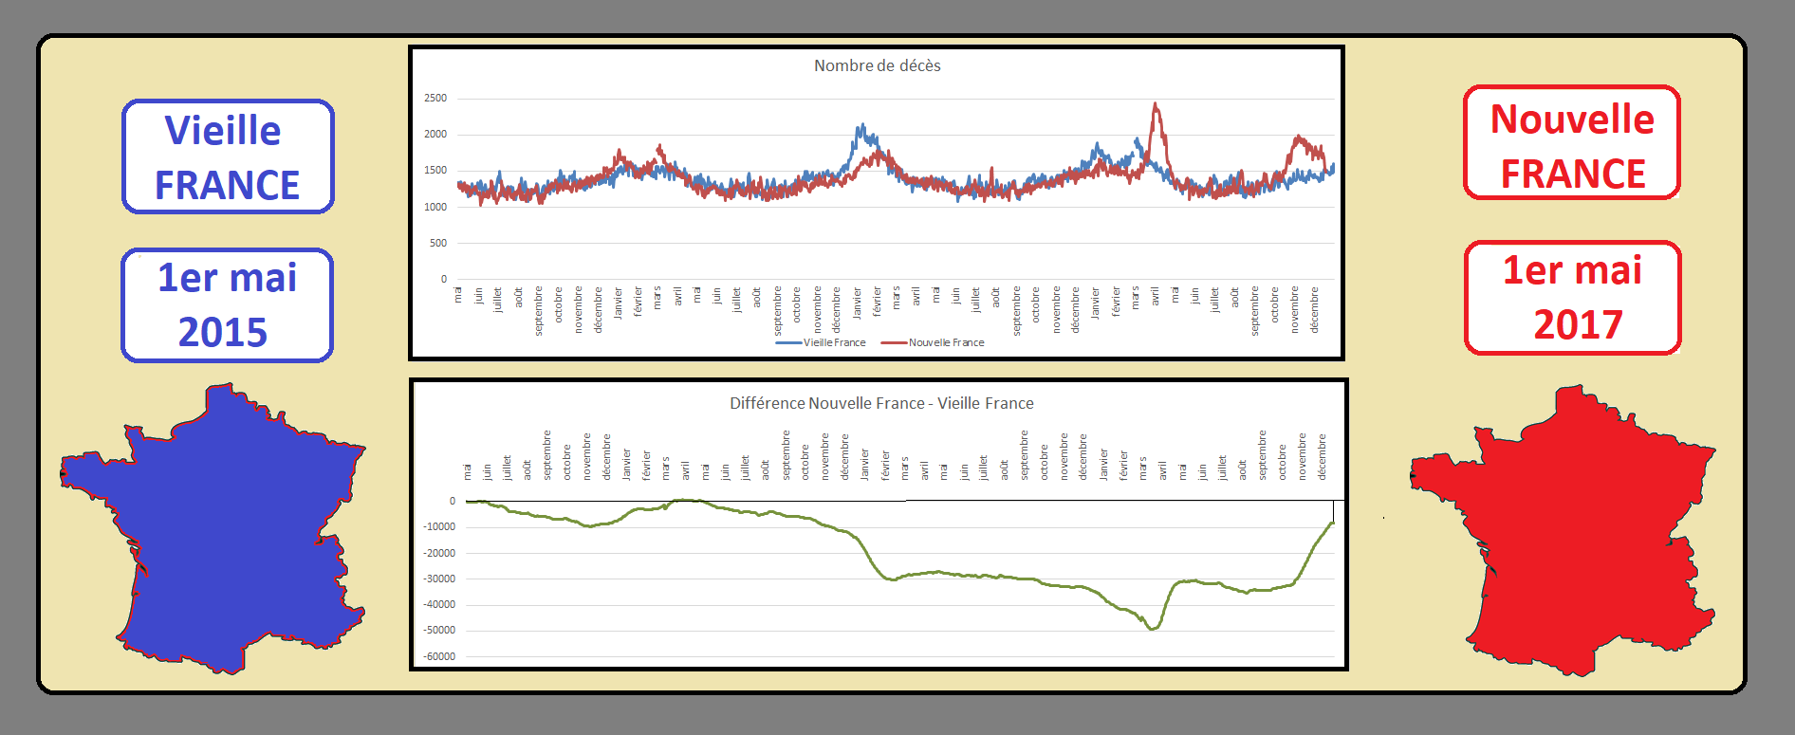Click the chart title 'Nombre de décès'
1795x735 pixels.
point(877,65)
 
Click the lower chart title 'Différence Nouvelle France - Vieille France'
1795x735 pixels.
point(881,403)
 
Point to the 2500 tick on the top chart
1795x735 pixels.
point(435,99)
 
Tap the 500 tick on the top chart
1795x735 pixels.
point(437,243)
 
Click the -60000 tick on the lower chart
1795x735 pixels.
point(439,656)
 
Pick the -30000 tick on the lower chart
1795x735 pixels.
point(439,579)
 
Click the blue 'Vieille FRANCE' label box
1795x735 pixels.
point(228,156)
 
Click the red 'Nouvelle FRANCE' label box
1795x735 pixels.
point(1572,143)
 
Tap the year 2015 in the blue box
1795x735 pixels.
point(223,332)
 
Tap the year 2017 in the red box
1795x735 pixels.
point(1578,324)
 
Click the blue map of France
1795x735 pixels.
point(228,531)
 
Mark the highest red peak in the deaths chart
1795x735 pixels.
point(1156,104)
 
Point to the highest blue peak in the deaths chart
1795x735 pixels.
point(861,125)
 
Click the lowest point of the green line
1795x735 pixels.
point(1153,629)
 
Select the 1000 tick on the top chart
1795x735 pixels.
point(435,207)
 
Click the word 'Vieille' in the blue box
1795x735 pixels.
point(223,131)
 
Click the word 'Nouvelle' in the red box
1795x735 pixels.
point(1572,119)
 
